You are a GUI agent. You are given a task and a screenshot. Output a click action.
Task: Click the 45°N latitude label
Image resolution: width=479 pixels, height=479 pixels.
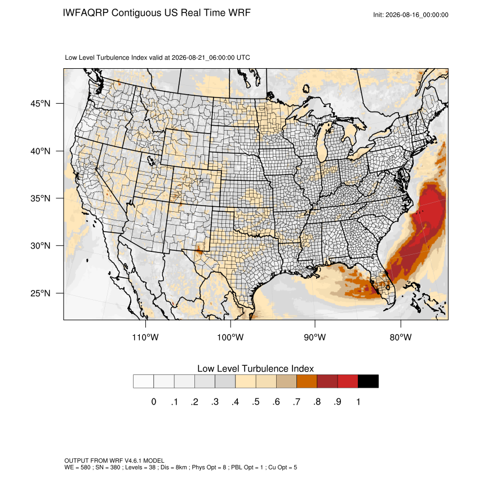(41, 104)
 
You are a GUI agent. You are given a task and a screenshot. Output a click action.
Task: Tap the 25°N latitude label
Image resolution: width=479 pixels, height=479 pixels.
(41, 293)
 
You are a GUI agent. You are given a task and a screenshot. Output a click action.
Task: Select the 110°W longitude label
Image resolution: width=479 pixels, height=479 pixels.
(145, 337)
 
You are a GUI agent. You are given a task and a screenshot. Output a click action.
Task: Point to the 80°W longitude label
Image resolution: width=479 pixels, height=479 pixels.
(401, 337)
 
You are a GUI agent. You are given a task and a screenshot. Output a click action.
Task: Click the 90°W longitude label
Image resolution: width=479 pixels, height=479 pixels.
(314, 337)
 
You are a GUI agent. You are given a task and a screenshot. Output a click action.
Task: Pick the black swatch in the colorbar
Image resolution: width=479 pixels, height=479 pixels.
(368, 382)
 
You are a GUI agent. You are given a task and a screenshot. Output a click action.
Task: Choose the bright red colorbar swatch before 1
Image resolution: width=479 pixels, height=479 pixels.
(348, 382)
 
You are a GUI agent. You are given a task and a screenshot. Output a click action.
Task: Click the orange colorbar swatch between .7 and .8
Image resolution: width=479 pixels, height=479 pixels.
(307, 382)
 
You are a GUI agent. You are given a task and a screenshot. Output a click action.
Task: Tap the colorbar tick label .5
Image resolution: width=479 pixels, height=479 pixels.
(256, 402)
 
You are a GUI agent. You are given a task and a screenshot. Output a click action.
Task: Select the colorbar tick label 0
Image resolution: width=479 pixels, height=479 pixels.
(154, 402)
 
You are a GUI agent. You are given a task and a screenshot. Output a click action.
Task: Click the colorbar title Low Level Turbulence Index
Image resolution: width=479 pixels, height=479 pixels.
(255, 369)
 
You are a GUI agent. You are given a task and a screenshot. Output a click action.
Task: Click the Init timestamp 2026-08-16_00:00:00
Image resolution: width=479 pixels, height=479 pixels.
(416, 15)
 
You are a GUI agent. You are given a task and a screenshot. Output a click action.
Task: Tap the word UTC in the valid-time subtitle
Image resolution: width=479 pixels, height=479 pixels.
(243, 57)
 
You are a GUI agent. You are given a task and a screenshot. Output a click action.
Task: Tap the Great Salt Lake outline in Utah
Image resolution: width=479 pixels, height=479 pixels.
(150, 160)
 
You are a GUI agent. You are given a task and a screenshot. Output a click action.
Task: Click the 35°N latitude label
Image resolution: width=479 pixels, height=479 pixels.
(41, 198)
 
